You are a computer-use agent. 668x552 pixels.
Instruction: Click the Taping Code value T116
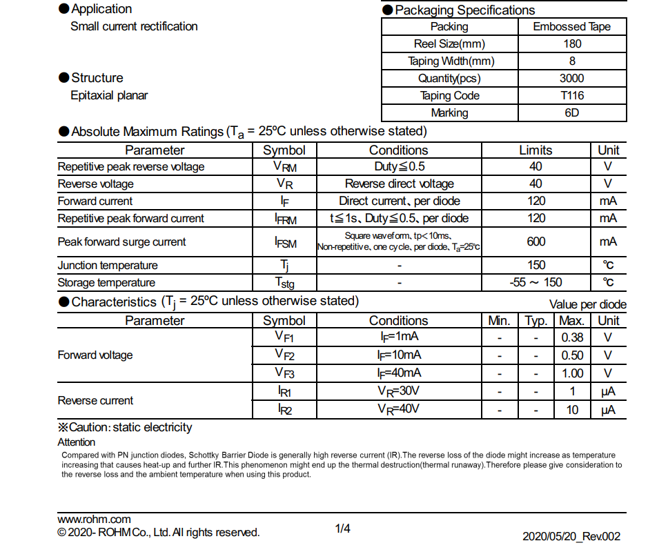[x=572, y=96]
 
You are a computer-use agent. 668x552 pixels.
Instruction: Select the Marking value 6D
[x=572, y=113]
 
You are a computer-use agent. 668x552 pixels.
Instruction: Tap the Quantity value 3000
[x=572, y=79]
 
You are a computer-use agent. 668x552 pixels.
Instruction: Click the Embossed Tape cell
[x=572, y=27]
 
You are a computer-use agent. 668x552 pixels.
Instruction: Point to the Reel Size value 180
[x=572, y=44]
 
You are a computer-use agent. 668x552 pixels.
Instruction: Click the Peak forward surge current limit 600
[x=536, y=242]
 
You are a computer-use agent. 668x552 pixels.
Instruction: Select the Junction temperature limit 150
[x=536, y=266]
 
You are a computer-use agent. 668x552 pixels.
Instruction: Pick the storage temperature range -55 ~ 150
[x=536, y=282]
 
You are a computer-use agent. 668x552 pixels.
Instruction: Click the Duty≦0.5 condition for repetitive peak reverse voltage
[x=399, y=167]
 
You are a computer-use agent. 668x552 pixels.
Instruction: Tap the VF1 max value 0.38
[x=572, y=338]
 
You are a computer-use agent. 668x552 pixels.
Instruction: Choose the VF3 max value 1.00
[x=572, y=373]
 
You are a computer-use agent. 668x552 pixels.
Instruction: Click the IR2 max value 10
[x=572, y=410]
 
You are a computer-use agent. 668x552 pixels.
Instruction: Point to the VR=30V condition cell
[x=399, y=392]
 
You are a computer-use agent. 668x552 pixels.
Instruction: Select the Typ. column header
[x=536, y=321]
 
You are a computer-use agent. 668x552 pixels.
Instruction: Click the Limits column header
[x=536, y=150]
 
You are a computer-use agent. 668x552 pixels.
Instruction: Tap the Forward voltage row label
[x=95, y=355]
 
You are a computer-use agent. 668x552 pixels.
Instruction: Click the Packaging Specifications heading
[x=464, y=10]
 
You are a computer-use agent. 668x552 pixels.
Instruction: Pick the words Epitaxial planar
[x=109, y=96]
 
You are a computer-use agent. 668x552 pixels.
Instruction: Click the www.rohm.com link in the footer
[x=94, y=520]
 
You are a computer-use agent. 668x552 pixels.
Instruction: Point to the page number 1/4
[x=343, y=529]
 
